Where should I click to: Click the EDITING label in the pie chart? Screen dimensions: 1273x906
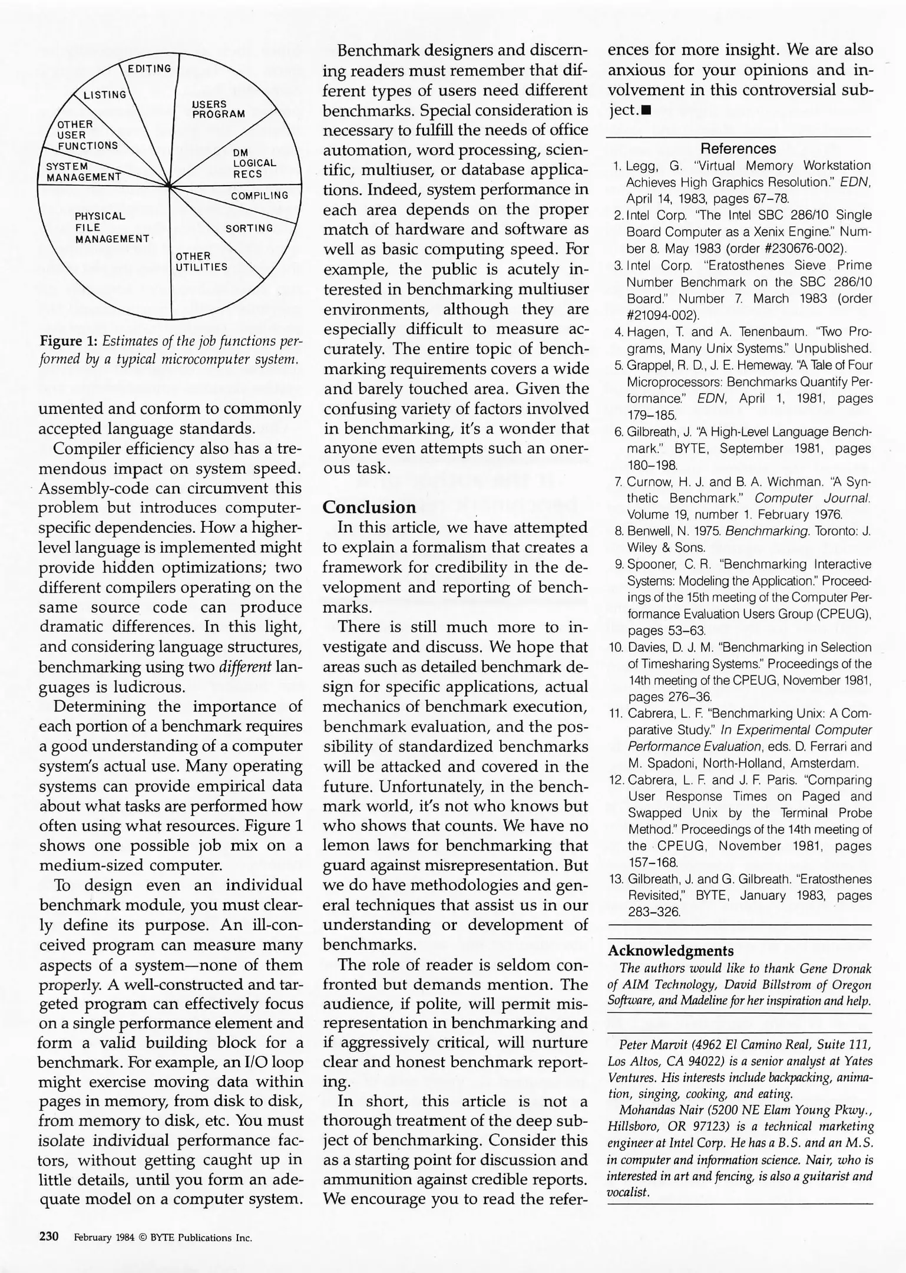click(x=150, y=69)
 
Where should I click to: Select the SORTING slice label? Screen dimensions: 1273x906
click(x=250, y=228)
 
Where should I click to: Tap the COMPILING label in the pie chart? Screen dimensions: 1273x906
click(x=260, y=196)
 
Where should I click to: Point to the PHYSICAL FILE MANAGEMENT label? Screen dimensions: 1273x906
click(x=111, y=227)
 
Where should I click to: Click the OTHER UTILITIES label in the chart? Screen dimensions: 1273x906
click(x=201, y=262)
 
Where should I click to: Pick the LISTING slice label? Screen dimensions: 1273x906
click(x=105, y=95)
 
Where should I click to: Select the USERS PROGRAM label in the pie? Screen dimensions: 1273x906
click(x=218, y=109)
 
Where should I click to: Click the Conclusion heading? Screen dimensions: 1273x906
click(x=369, y=507)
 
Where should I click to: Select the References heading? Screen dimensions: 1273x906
click(x=738, y=149)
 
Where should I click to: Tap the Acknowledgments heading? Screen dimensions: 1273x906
click(x=670, y=951)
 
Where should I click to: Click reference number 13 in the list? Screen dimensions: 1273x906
click(x=616, y=879)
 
